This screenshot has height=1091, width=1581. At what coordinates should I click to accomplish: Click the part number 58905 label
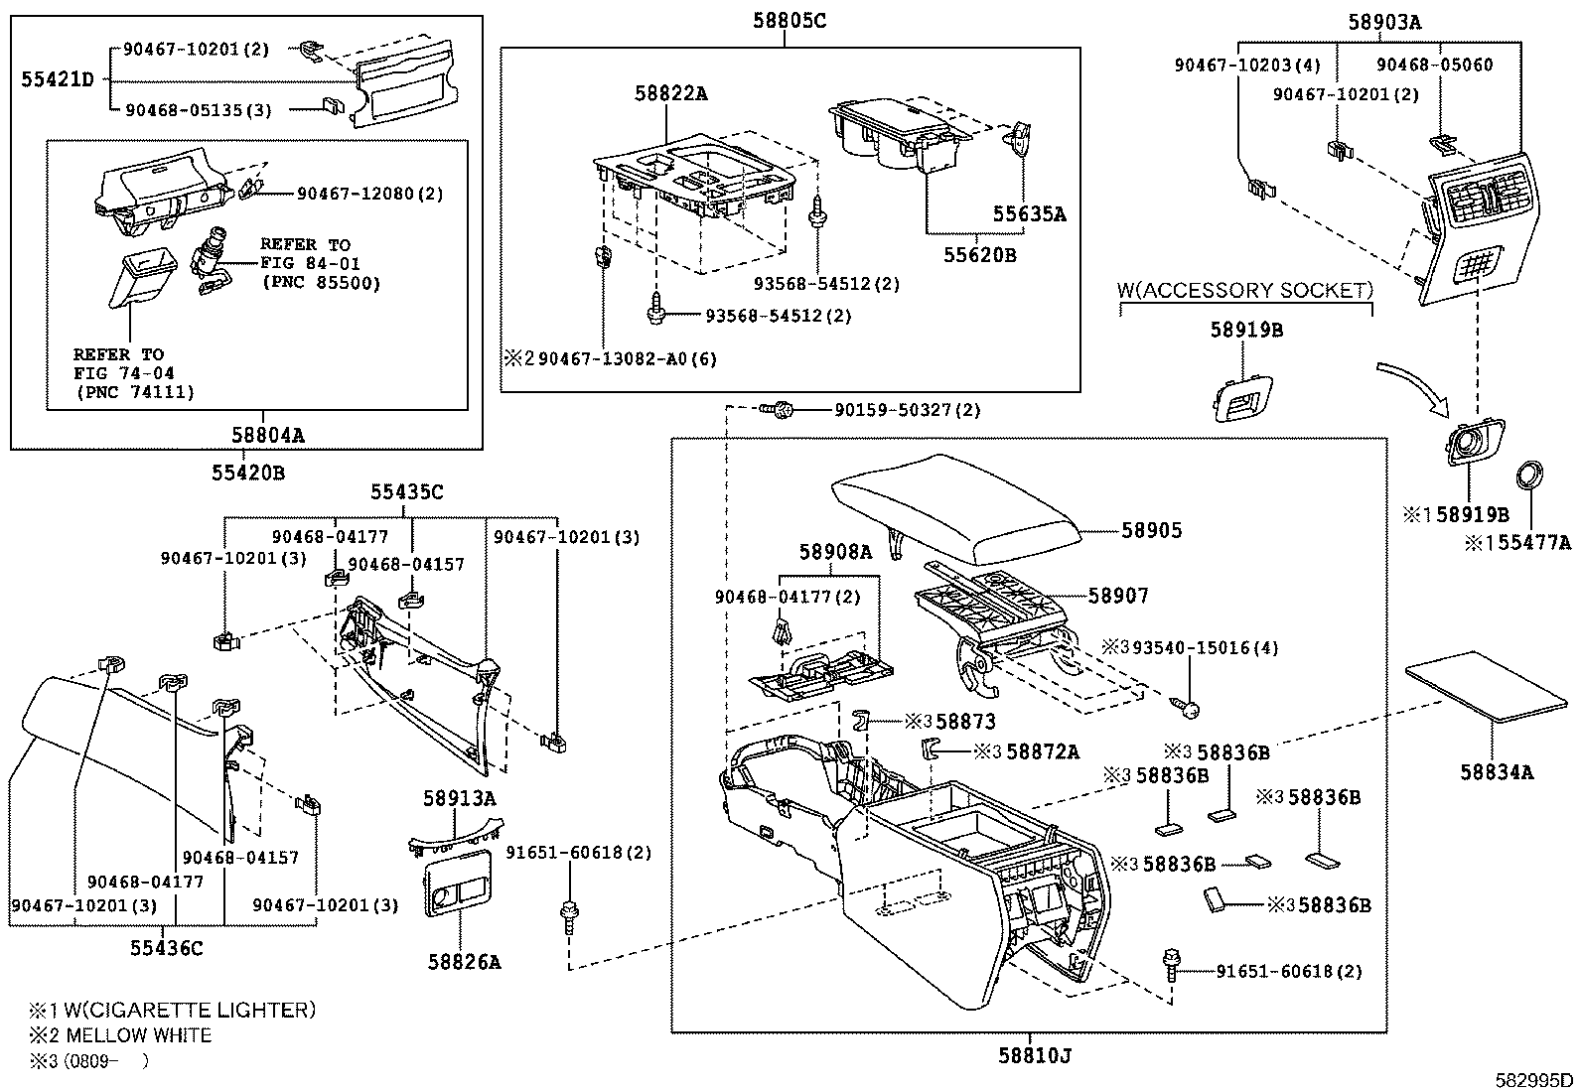pos(1152,531)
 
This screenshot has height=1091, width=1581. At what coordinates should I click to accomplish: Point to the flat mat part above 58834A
pos(1487,686)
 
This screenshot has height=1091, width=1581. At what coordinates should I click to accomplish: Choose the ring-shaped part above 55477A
pos(1529,475)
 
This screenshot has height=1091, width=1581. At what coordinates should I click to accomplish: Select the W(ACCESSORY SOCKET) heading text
pos(1245,291)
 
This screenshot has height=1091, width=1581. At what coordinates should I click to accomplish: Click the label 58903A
pos(1384,22)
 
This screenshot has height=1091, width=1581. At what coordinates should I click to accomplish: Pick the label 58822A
pos(671,93)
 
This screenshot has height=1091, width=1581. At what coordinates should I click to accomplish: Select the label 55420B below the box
pos(247,473)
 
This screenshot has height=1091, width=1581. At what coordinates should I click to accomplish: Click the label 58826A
pos(464,961)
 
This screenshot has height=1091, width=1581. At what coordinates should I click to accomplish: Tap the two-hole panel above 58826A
pos(458,884)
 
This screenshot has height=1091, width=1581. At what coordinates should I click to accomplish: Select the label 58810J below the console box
pos(1035,1054)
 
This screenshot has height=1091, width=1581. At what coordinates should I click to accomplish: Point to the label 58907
pos(1118,596)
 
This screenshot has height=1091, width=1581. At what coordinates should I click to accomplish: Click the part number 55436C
pos(166,948)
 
